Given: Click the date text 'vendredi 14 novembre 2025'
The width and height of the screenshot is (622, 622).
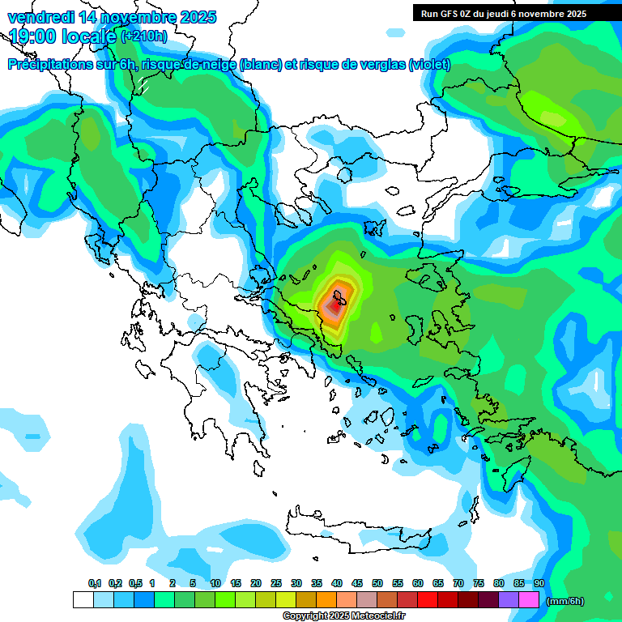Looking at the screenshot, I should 112,17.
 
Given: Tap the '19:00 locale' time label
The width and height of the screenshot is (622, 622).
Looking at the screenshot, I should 63,36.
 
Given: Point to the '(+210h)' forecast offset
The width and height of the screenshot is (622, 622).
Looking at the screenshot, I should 144,36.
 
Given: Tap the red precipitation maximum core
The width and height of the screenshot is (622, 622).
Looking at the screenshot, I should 333,306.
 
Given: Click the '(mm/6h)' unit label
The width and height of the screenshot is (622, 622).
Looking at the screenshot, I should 565,601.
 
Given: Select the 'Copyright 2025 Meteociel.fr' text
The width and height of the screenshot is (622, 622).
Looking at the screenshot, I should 344,616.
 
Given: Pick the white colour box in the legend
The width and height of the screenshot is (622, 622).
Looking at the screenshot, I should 83,600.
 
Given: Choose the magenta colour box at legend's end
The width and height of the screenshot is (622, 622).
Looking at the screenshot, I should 529,600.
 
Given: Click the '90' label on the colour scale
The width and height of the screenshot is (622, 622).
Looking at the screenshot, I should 539,583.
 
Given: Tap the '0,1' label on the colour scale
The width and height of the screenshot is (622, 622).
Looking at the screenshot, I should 94,583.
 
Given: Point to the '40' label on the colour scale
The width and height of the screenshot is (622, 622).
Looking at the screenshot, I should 336,583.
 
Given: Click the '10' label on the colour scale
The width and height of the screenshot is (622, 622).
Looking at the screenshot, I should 215,583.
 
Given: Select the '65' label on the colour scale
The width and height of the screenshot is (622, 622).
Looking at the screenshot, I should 437,583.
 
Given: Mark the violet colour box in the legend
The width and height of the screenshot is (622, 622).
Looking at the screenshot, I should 509,600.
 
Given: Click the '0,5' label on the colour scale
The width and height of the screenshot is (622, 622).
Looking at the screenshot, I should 134,583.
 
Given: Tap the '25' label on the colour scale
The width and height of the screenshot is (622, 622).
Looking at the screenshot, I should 275,583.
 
